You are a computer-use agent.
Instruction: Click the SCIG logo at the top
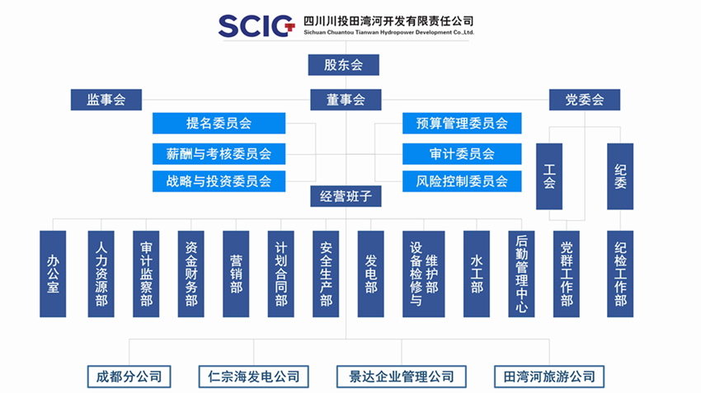pyautogui.click(x=256, y=26)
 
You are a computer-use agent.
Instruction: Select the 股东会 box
pyautogui.click(x=343, y=65)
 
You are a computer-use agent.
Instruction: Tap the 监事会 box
pyautogui.click(x=106, y=100)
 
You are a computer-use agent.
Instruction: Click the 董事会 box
pyautogui.click(x=346, y=100)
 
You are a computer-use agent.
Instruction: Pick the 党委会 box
pyautogui.click(x=585, y=100)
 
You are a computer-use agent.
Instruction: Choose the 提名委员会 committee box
pyautogui.click(x=219, y=124)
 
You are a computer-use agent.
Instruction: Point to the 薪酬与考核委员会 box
pyautogui.click(x=219, y=154)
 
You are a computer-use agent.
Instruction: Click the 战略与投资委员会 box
pyautogui.click(x=219, y=181)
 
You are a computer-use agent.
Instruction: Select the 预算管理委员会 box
pyautogui.click(x=462, y=124)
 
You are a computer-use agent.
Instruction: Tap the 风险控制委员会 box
pyautogui.click(x=462, y=181)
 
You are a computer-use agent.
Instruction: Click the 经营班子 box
pyautogui.click(x=346, y=196)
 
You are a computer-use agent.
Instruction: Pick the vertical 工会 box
pyautogui.click(x=549, y=176)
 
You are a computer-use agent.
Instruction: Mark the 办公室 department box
pyautogui.click(x=53, y=274)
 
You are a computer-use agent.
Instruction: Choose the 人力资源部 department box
pyautogui.click(x=101, y=274)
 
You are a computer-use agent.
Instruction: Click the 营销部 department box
pyautogui.click(x=236, y=274)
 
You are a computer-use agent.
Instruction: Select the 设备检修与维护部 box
pyautogui.click(x=423, y=274)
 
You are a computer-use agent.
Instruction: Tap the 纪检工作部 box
pyautogui.click(x=620, y=274)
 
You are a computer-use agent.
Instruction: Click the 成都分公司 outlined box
pyautogui.click(x=129, y=377)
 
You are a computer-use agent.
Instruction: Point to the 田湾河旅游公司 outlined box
pyautogui.click(x=549, y=377)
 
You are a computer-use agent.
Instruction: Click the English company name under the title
pyautogui.click(x=388, y=33)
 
